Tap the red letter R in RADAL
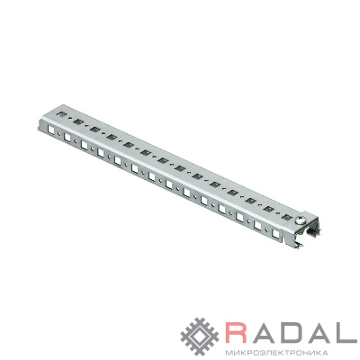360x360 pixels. tap(238, 333)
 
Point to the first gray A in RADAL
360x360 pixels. tap(263, 333)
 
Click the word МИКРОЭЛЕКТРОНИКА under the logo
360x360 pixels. tap(276, 352)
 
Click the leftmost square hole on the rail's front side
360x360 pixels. tap(51, 130)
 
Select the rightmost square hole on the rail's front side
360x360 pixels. tap(275, 233)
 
